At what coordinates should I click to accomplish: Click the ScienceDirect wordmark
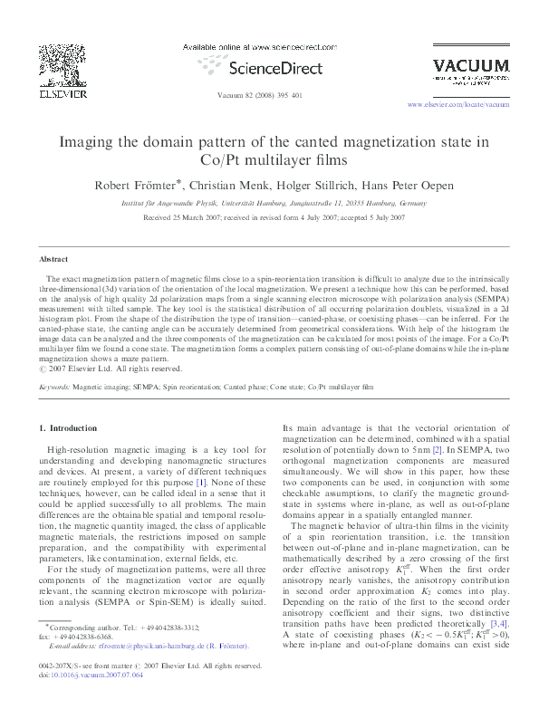pos(269,68)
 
